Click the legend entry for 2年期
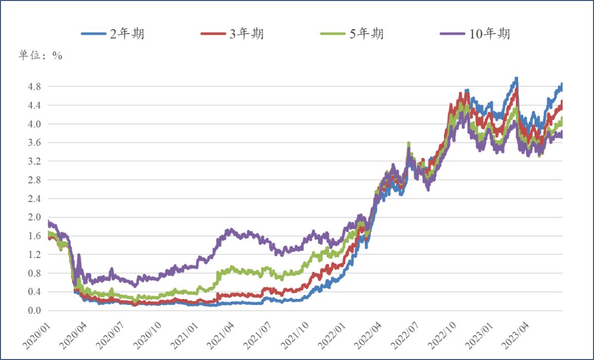[113, 34]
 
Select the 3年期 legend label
[232, 34]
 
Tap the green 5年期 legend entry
[351, 34]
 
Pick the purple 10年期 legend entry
[475, 34]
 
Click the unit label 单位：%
[41, 56]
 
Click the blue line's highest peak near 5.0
[516, 79]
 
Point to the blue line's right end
[562, 84]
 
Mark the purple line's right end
[562, 134]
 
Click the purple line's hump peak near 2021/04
[230, 230]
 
